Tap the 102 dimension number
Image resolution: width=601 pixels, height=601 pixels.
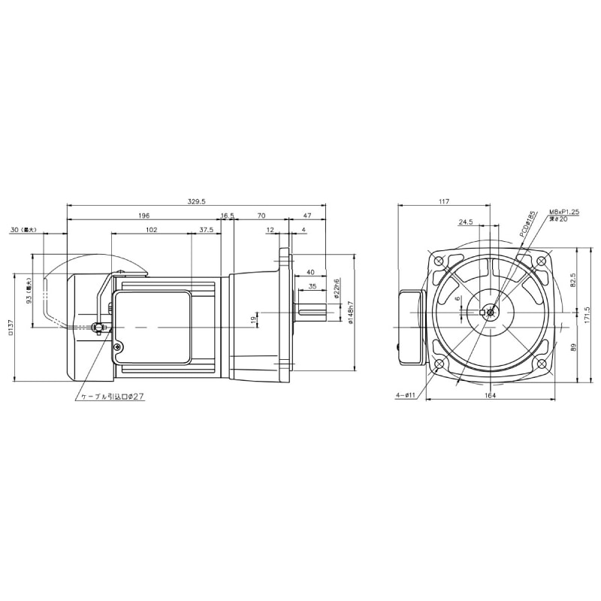(x=151, y=230)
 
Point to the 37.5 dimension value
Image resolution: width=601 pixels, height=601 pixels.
(x=206, y=230)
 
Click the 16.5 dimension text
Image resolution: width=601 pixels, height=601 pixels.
(x=228, y=216)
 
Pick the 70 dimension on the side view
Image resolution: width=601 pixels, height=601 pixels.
(x=261, y=216)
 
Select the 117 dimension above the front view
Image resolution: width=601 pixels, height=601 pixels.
(x=443, y=201)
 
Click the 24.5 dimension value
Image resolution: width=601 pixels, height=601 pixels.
(x=466, y=222)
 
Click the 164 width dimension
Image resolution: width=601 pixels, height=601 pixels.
(x=490, y=396)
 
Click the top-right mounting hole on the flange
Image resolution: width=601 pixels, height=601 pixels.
(x=542, y=261)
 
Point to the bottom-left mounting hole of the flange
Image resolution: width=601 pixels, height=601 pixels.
(x=439, y=364)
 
